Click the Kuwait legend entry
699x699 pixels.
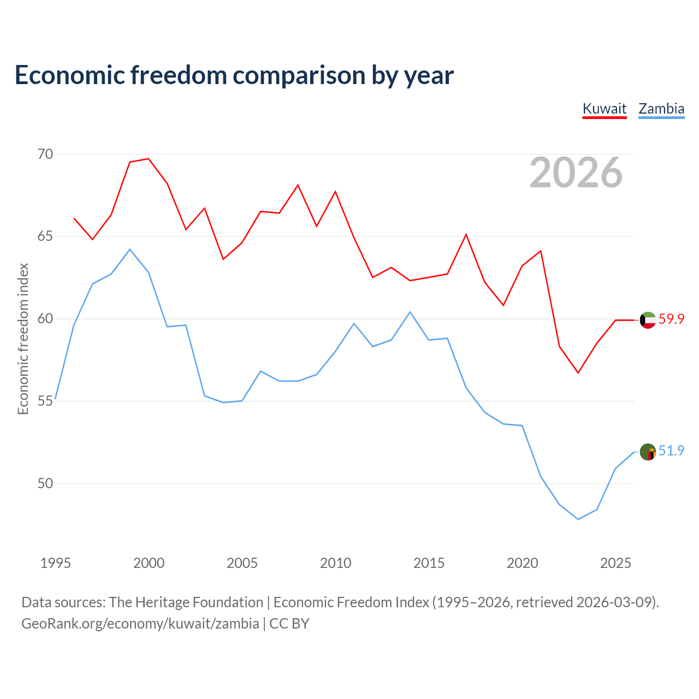tap(605, 109)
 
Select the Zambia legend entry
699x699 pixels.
tap(661, 109)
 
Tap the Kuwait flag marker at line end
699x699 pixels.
tap(648, 320)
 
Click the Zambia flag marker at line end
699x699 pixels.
tap(648, 452)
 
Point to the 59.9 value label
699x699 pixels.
tap(671, 319)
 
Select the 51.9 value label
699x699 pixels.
tap(671, 451)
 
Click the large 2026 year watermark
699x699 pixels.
tap(576, 173)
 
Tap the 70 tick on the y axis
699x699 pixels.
tap(45, 155)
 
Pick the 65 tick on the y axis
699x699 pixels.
tap(45, 237)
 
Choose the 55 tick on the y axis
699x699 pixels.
tap(45, 401)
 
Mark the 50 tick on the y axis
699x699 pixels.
tap(45, 484)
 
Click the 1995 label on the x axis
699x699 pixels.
tap(56, 563)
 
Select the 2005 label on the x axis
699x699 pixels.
tap(242, 563)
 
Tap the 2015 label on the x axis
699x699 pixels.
tap(429, 563)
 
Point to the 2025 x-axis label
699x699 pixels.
tap(615, 563)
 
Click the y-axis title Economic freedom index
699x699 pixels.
tap(23, 339)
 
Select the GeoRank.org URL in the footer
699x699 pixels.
tap(140, 624)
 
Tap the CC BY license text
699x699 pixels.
tap(289, 624)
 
